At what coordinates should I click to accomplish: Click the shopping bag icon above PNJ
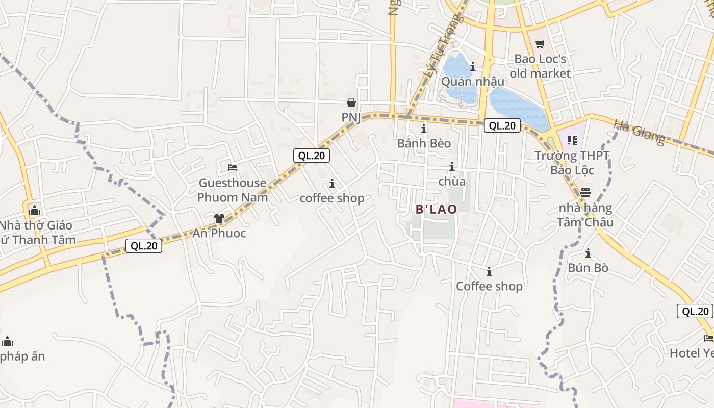[351, 103]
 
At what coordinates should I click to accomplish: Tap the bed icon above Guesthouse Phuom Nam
[233, 167]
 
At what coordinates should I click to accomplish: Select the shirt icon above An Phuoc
[219, 218]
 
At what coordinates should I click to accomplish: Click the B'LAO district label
[436, 209]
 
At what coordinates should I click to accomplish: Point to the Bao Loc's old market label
[540, 66]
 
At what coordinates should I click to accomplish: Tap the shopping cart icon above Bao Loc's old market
[540, 44]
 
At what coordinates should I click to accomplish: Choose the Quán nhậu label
[473, 82]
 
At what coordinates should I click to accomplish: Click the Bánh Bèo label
[424, 143]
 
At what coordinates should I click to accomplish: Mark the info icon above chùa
[451, 166]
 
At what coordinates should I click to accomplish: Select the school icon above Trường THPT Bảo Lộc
[572, 140]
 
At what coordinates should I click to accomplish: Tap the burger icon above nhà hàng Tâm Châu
[585, 193]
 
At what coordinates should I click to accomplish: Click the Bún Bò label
[588, 268]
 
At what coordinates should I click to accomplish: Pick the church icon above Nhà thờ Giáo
[34, 210]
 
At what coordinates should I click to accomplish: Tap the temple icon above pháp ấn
[7, 341]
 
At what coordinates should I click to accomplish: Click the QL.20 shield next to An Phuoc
[144, 246]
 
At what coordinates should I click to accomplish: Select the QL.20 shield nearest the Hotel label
[695, 311]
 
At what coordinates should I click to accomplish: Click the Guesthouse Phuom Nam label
[233, 190]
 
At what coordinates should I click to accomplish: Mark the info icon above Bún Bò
[588, 253]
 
